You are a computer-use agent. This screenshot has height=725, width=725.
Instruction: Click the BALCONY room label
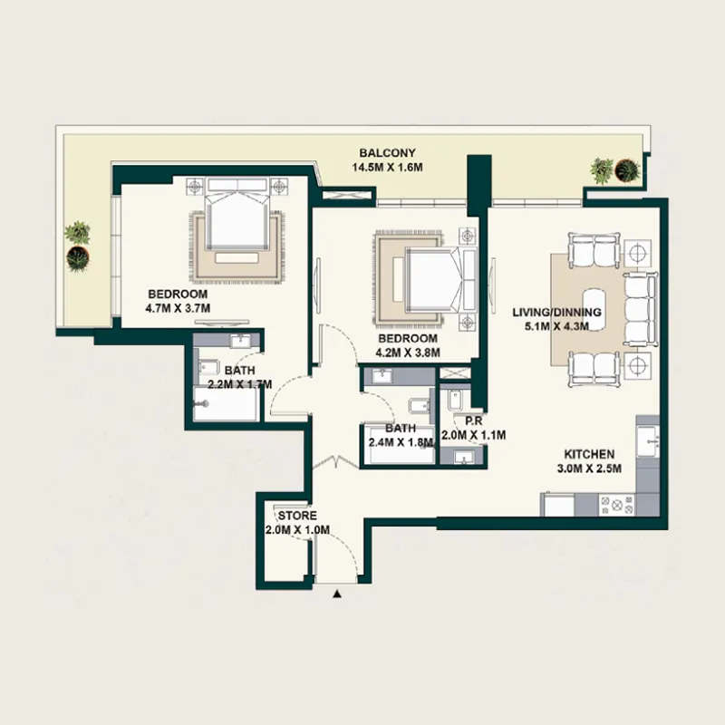(388, 153)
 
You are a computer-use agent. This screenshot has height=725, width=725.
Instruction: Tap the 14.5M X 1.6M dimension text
(388, 168)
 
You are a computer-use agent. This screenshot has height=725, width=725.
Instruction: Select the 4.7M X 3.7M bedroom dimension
(178, 308)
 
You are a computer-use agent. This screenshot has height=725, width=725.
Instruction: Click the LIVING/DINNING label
(556, 313)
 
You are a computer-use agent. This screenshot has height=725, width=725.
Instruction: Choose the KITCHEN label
(590, 454)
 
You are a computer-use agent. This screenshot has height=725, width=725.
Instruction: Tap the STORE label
(297, 516)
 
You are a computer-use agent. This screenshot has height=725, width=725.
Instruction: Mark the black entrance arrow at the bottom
(338, 594)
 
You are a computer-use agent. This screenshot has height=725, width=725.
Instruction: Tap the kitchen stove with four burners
(622, 504)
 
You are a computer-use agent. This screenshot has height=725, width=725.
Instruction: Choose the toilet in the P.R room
(453, 401)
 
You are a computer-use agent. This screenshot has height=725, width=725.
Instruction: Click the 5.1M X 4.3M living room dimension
(556, 327)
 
